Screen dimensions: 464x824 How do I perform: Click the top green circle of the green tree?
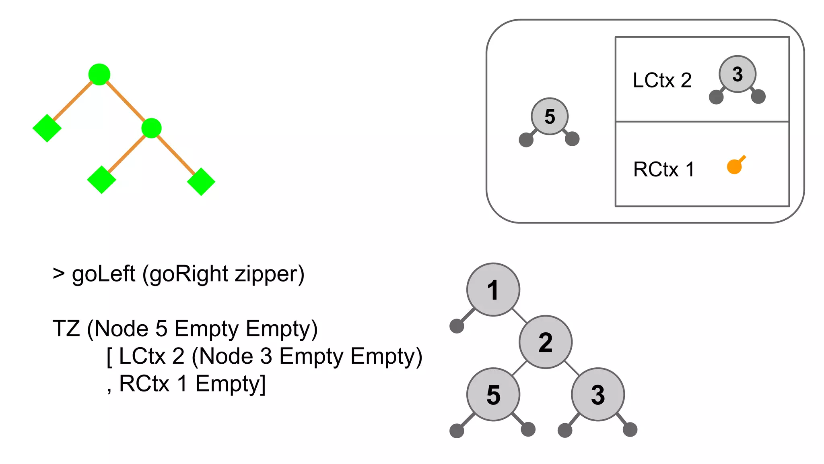click(99, 75)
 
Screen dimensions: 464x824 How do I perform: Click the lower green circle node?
click(152, 128)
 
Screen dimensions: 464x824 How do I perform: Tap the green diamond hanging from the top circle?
click(47, 128)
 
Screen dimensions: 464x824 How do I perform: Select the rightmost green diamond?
click(201, 182)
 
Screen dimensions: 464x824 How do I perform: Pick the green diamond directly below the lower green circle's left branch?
click(101, 180)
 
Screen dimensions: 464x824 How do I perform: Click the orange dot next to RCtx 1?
click(734, 166)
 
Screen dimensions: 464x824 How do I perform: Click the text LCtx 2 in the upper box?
click(662, 80)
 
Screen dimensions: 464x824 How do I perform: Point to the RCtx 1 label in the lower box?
click(663, 169)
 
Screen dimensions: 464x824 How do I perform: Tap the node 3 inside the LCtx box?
click(737, 74)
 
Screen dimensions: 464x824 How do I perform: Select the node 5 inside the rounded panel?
click(550, 116)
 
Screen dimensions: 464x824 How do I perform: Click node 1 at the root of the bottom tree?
click(493, 290)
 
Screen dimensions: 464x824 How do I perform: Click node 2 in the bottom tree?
click(546, 342)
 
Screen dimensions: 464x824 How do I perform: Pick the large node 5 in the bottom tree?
click(493, 394)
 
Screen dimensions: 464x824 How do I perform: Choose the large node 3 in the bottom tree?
click(598, 394)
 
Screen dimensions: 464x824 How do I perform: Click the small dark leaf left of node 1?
click(457, 326)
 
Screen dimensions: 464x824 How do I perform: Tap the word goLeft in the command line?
click(103, 274)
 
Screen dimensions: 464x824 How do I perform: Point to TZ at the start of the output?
click(66, 328)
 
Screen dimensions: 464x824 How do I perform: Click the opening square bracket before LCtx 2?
click(109, 356)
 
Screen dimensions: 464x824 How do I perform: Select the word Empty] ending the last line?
click(231, 383)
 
